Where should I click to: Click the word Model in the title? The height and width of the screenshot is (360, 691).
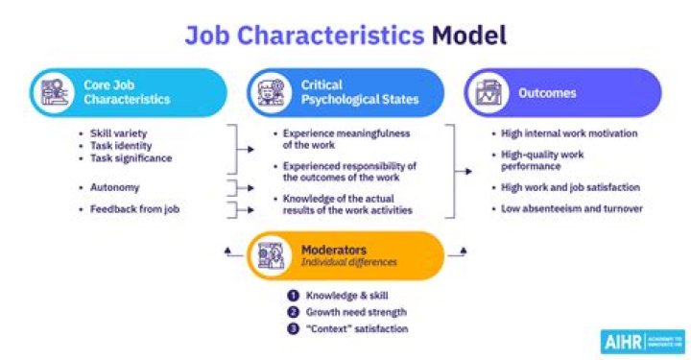[469, 36]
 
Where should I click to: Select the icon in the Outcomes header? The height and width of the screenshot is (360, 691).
[487, 92]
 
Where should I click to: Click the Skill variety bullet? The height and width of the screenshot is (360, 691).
[117, 133]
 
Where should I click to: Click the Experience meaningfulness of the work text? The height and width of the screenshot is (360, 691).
[337, 139]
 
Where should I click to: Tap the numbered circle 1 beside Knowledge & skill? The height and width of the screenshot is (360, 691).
[294, 296]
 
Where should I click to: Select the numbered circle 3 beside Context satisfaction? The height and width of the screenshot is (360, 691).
[294, 328]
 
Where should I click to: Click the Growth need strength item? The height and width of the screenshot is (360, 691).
[357, 312]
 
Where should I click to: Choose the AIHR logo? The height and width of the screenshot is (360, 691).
[642, 341]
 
